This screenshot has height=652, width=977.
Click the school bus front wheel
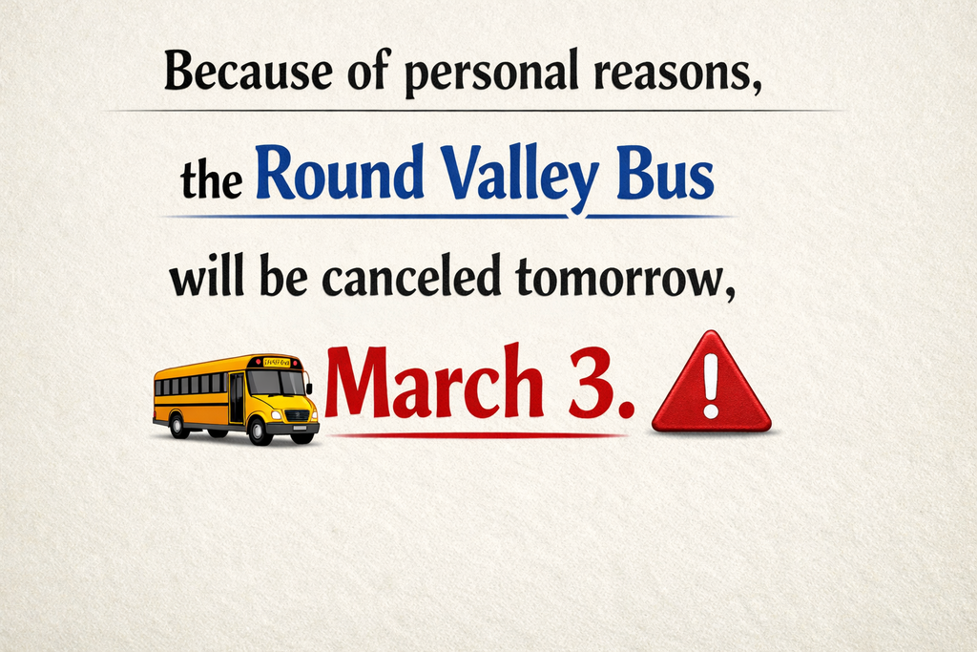pos(259,431)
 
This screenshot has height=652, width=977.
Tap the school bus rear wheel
pos(178,426)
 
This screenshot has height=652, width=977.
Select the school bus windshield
pos(276,383)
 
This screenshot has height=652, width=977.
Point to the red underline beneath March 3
pos(477,435)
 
